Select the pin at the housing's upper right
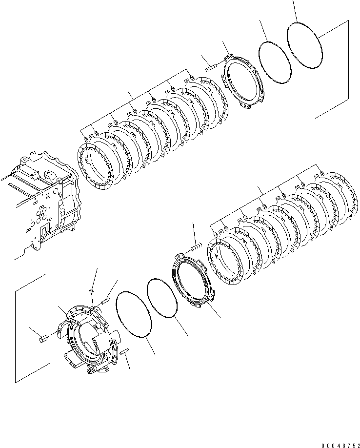click(107, 302)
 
